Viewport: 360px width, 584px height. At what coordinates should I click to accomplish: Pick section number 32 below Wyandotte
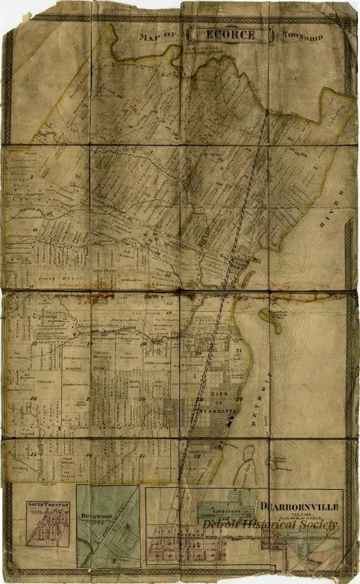coord(197,456)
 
